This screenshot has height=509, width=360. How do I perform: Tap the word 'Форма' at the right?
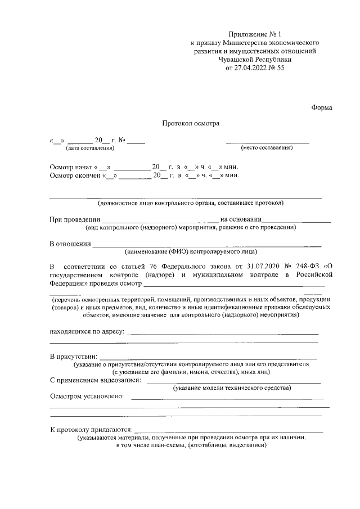point(322,107)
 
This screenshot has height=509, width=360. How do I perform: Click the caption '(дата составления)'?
point(90,148)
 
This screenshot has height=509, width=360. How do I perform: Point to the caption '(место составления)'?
point(267,148)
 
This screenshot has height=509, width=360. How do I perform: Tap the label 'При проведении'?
point(75,219)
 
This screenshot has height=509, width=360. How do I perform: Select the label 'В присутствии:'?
point(73,357)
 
